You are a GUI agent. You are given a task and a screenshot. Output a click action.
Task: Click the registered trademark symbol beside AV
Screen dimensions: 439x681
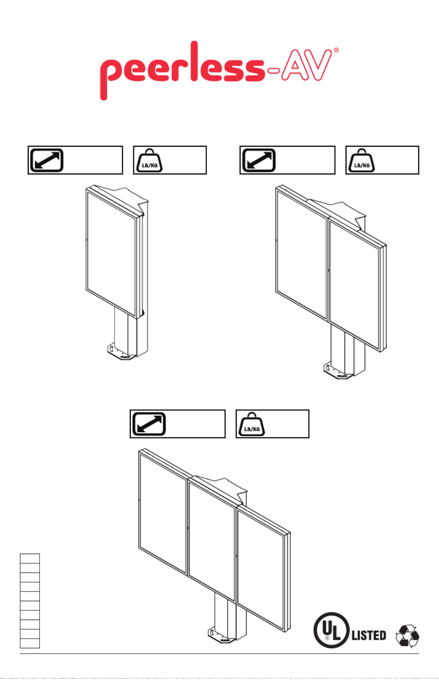pos(336,50)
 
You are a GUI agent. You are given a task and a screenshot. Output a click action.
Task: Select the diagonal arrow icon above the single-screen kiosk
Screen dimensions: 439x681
pos(47,160)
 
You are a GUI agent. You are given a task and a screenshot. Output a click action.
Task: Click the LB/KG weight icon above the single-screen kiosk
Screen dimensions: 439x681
pos(149,160)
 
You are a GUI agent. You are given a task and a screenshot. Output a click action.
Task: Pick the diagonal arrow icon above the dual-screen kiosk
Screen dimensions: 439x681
pos(259,160)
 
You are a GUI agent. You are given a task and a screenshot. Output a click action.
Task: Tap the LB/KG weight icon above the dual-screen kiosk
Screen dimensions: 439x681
pos(361,160)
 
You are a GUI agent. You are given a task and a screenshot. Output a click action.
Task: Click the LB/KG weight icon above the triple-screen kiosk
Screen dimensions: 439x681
pos(252,424)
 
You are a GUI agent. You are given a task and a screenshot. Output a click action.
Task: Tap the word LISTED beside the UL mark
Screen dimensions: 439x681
pos(369,636)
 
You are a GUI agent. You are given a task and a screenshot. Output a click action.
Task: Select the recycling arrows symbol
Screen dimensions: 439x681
pos(407,636)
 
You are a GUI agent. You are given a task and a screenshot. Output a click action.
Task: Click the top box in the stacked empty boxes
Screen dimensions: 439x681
pos(30,559)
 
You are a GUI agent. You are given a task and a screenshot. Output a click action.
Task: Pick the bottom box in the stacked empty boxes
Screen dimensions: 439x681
pos(30,643)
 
